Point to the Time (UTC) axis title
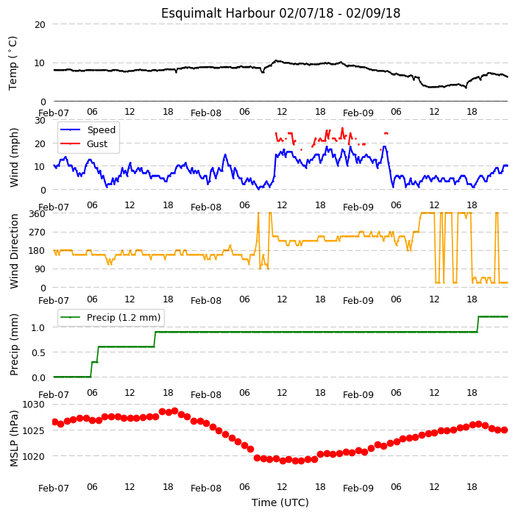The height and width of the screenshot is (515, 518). pos(280,502)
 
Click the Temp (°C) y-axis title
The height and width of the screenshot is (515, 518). pos(13,63)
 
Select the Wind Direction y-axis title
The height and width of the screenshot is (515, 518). pos(14,251)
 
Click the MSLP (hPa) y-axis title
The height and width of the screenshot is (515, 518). pos(14,438)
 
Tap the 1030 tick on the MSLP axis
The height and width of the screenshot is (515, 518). pos(33,405)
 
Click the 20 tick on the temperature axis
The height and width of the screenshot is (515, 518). pos(40,25)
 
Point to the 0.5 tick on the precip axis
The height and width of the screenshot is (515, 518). pos(38,353)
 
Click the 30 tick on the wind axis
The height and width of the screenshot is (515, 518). pos(40,121)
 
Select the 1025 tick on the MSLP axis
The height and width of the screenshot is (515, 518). pos(33,431)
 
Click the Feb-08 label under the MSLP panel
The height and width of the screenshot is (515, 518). pos(206,489)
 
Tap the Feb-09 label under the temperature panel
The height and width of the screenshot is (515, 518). pos(358,113)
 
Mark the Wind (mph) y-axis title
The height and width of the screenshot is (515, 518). pos(14,157)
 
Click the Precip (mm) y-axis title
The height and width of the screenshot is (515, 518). pos(14,344)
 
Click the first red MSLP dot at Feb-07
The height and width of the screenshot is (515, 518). pos(54,422)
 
